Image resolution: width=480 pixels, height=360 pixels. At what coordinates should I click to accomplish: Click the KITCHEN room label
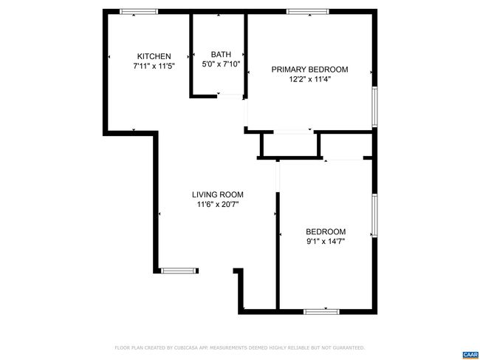coord(154,56)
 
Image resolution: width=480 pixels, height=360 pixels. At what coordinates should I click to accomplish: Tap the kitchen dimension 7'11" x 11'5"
coord(154,66)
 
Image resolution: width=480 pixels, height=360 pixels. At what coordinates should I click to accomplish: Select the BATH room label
coord(221,55)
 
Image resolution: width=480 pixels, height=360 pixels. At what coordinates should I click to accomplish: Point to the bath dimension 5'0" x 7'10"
coord(221,64)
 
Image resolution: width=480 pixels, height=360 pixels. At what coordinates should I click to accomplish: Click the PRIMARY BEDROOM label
coord(310,69)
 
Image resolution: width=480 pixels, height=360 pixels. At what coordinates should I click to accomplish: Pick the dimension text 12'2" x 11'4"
coord(310,79)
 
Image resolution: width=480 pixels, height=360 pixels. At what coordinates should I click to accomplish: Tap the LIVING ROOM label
coord(218,194)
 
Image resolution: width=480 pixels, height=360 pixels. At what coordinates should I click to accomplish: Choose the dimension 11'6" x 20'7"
coord(218,204)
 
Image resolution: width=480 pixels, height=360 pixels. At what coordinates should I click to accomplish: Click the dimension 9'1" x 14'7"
coord(326,242)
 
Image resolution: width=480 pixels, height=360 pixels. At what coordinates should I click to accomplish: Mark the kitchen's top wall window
coord(139,12)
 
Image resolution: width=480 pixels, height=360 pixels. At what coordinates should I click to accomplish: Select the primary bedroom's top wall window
coord(308,12)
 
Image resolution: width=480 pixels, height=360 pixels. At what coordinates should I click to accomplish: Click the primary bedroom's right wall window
coord(374,106)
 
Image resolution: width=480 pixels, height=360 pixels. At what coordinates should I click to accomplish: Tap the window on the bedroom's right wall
coord(374,215)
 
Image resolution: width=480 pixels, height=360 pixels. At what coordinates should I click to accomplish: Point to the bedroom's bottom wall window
coord(321,312)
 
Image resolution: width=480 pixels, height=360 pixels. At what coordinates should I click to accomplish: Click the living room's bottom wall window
coord(178,271)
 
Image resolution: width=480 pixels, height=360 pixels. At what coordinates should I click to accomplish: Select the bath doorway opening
coord(230,96)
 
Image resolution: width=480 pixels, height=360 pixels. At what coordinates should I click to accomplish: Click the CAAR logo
coord(470,355)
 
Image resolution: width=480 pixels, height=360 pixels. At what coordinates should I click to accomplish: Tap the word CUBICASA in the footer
coord(187,347)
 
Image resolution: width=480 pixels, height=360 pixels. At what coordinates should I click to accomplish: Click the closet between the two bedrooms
coord(290,145)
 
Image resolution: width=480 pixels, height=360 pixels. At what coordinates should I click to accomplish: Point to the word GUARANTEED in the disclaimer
coord(349,347)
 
